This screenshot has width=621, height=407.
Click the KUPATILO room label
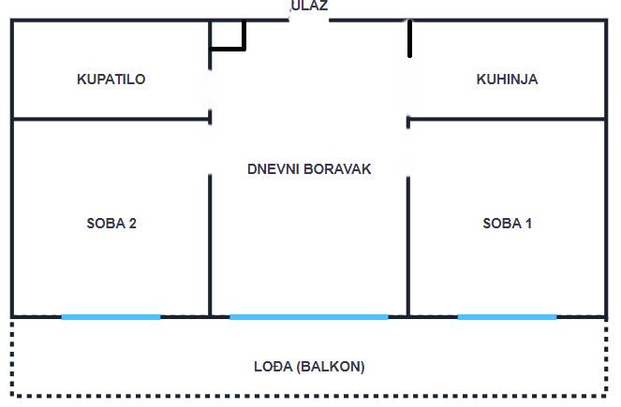(111, 80)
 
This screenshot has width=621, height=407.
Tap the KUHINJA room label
(507, 80)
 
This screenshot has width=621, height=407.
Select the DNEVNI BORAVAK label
(309, 169)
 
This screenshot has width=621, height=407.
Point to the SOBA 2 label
(111, 224)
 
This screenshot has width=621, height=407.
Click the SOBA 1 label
(507, 224)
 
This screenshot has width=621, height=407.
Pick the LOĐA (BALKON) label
(309, 367)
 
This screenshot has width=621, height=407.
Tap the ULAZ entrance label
(309, 6)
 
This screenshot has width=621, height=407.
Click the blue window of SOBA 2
(111, 317)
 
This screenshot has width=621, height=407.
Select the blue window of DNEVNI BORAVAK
(308, 317)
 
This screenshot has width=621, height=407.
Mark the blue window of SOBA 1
(507, 317)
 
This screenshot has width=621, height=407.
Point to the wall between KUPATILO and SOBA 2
(111, 119)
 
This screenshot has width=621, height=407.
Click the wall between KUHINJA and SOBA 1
(507, 119)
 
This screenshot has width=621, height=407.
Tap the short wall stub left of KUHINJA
(409, 38)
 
